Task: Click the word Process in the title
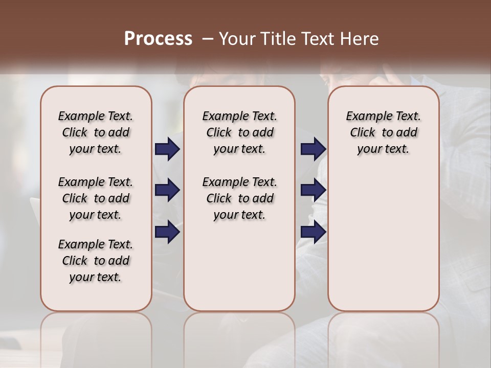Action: click(158, 38)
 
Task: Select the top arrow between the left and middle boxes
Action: click(167, 149)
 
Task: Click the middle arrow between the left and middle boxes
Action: click(167, 190)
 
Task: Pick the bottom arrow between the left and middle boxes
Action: click(167, 232)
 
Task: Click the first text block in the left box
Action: click(96, 132)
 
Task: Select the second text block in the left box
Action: click(96, 198)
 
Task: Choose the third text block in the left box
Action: click(96, 261)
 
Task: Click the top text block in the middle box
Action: click(239, 132)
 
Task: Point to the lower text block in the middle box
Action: click(239, 198)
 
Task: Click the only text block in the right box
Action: click(383, 132)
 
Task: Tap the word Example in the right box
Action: click(365, 117)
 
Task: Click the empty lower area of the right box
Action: click(383, 240)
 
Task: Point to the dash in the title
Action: click(208, 39)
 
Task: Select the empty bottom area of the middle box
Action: click(239, 271)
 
